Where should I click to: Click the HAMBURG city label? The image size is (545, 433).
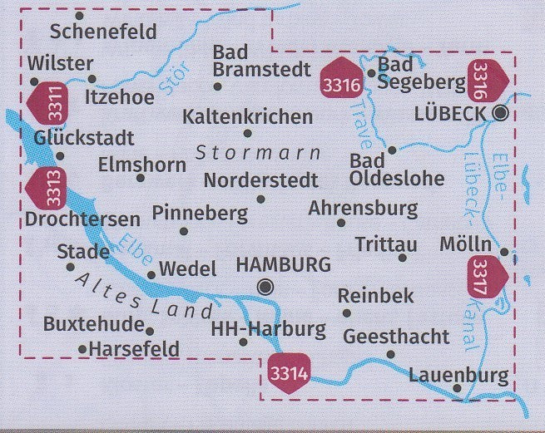pos(284,265)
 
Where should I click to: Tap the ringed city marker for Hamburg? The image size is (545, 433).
pos(265,288)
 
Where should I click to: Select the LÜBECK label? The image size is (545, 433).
pos(448,114)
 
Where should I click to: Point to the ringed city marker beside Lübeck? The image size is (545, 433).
pos(500,113)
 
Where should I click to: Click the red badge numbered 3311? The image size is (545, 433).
pos(45,103)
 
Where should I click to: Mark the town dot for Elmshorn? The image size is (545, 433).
pos(140,178)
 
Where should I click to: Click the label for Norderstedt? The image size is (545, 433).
pos(260,180)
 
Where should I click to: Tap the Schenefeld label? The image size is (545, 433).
pos(103,32)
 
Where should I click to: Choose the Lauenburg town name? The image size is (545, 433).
pos(458,376)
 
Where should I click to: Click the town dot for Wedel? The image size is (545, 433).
pos(151,275)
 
